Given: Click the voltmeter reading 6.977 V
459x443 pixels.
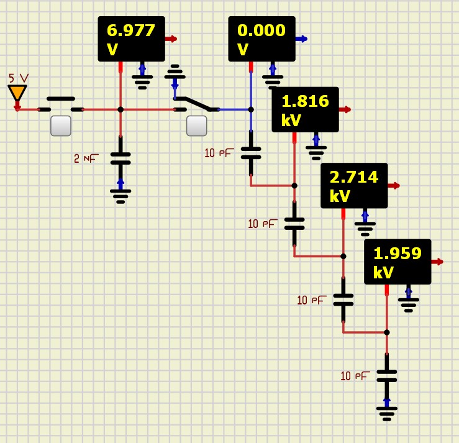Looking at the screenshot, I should point(131,39).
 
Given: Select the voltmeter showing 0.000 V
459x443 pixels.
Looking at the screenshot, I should point(261,39).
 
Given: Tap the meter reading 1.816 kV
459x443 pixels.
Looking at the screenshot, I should point(305,109).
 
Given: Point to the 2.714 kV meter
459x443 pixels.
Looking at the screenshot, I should point(354,185).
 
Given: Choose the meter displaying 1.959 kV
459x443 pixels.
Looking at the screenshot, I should point(398,262).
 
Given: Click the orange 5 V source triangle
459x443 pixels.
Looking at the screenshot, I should point(17,93).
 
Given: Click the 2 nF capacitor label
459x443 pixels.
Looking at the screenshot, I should point(86,158).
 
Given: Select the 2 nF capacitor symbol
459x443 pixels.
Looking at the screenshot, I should point(120,158).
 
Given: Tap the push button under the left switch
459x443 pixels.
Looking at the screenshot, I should point(60,126).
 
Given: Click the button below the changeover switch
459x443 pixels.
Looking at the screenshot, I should point(196,126).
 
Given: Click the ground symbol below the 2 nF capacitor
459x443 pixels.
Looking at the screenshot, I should point(120,196).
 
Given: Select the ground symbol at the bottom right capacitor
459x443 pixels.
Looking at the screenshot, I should point(386,413).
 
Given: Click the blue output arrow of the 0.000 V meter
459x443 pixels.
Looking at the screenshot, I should point(301,39).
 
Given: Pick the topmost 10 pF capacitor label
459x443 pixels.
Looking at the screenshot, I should point(218,152).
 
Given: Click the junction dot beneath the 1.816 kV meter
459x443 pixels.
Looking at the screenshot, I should point(294,185).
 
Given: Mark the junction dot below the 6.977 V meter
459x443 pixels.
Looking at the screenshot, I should point(120,109).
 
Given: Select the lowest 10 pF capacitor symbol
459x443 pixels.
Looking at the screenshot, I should point(386,375).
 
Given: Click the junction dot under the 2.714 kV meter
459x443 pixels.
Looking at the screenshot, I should point(343,256).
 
